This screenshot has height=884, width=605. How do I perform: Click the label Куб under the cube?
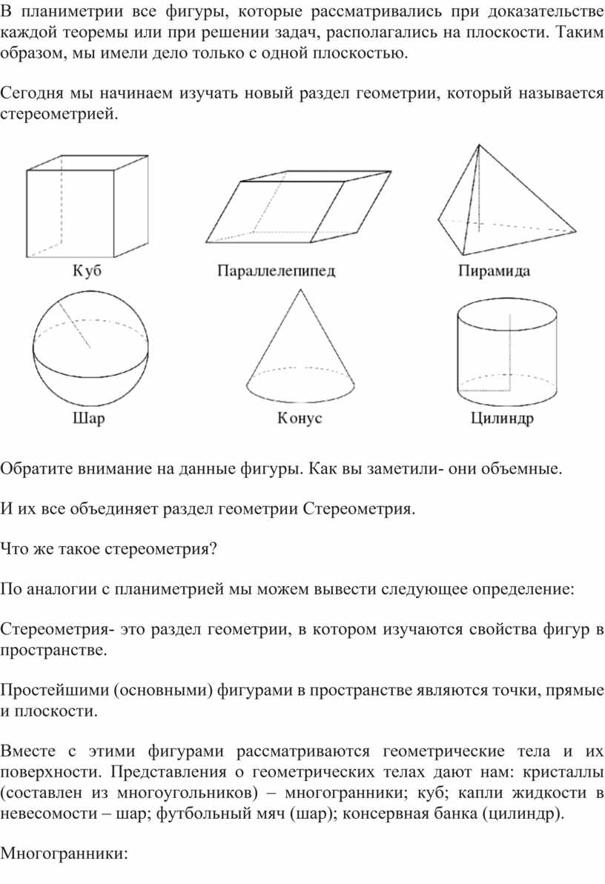[87, 270]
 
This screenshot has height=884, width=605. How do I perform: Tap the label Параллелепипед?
[277, 271]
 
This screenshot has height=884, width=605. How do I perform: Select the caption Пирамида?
[495, 271]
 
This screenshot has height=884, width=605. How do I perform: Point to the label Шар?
[89, 419]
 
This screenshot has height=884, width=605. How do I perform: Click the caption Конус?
[300, 419]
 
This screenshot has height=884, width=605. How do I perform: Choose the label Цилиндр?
[502, 419]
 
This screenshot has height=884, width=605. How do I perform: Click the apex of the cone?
[300, 289]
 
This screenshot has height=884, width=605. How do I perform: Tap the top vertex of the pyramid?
[479, 145]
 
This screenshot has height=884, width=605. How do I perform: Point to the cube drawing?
[87, 206]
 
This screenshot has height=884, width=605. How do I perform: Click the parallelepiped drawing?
[298, 207]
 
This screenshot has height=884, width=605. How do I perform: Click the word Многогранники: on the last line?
[65, 854]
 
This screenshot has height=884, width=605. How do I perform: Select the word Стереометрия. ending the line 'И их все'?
[359, 509]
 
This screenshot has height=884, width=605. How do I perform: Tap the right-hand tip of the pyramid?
[575, 230]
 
